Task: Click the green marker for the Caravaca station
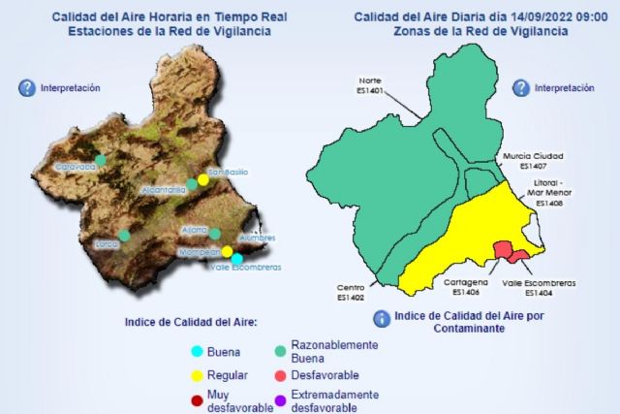100,160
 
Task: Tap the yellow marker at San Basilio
203,179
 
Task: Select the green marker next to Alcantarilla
192,183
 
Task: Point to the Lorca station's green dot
125,235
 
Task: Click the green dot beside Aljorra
215,234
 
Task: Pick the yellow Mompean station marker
227,251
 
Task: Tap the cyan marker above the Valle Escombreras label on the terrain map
237,258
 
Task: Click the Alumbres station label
257,239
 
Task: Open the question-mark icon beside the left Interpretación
27,88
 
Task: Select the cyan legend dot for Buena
198,350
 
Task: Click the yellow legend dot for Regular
198,375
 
